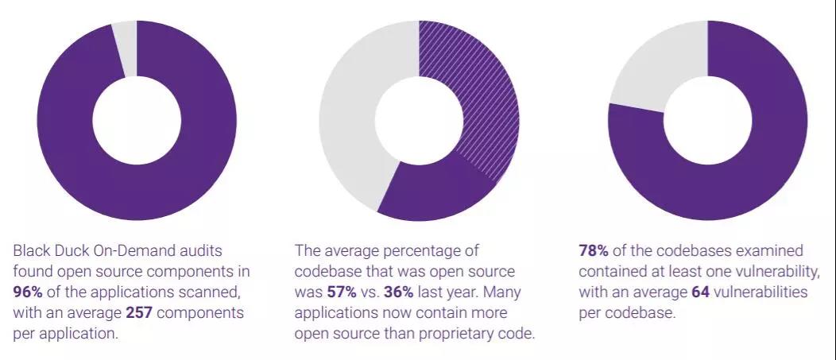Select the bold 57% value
tap(340, 292)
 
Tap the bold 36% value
tap(399, 292)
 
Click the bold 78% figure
tap(594, 250)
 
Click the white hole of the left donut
tap(137, 121)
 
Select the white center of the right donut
tap(707, 121)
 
